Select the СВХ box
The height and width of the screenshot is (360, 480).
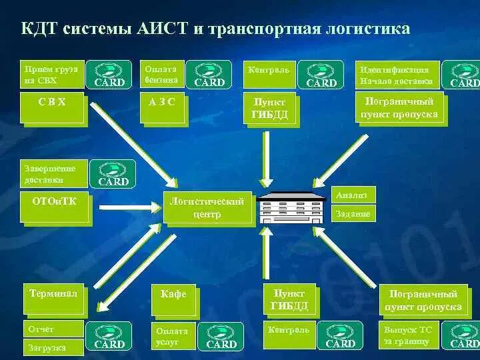[x=52, y=109]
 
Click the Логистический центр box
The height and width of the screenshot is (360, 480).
[x=208, y=207]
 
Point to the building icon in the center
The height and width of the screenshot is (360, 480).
[x=291, y=207]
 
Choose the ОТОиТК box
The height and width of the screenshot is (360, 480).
[x=54, y=207]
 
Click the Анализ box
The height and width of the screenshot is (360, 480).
[x=354, y=194]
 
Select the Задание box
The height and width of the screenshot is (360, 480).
[x=354, y=213]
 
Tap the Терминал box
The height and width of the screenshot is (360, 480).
[x=54, y=298]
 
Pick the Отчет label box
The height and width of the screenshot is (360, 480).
[x=54, y=329]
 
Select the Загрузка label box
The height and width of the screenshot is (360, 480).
[x=54, y=347]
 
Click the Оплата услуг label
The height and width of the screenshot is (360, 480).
[x=173, y=336]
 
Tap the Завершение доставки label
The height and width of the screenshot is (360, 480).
[x=54, y=173]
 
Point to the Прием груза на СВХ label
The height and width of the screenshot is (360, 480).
[x=52, y=75]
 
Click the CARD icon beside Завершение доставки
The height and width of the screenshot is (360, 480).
[x=113, y=173]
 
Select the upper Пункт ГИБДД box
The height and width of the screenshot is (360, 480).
[x=269, y=109]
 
